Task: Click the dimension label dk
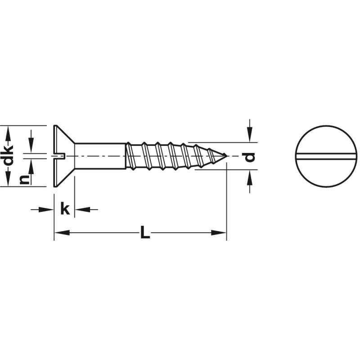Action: point(9,155)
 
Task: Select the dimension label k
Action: point(65,208)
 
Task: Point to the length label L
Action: point(145,232)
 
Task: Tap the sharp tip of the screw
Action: point(227,156)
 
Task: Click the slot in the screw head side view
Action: point(60,156)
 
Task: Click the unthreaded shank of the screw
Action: point(100,156)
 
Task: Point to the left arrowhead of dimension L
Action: point(62,233)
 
